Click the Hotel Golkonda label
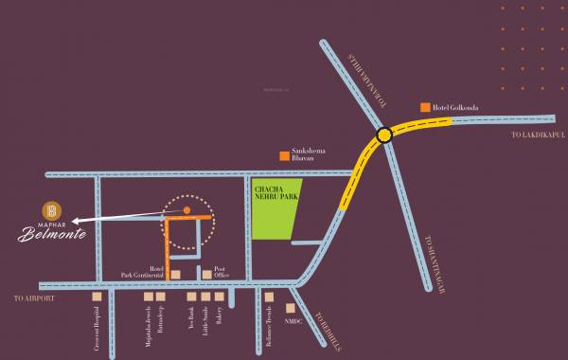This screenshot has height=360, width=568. pyautogui.click(x=455, y=108)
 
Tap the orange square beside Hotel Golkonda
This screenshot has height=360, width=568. pyautogui.click(x=426, y=107)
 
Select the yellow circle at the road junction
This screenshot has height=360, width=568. pyautogui.click(x=384, y=135)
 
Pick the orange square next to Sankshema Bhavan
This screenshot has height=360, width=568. pyautogui.click(x=282, y=154)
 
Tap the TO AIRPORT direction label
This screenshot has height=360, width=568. pyautogui.click(x=35, y=298)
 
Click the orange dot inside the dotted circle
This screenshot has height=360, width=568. pyautogui.click(x=186, y=208)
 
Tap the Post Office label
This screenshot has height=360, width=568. pyautogui.click(x=222, y=272)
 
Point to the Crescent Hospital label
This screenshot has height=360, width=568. pyautogui.click(x=97, y=331)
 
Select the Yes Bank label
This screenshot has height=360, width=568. pyautogui.click(x=191, y=322)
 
